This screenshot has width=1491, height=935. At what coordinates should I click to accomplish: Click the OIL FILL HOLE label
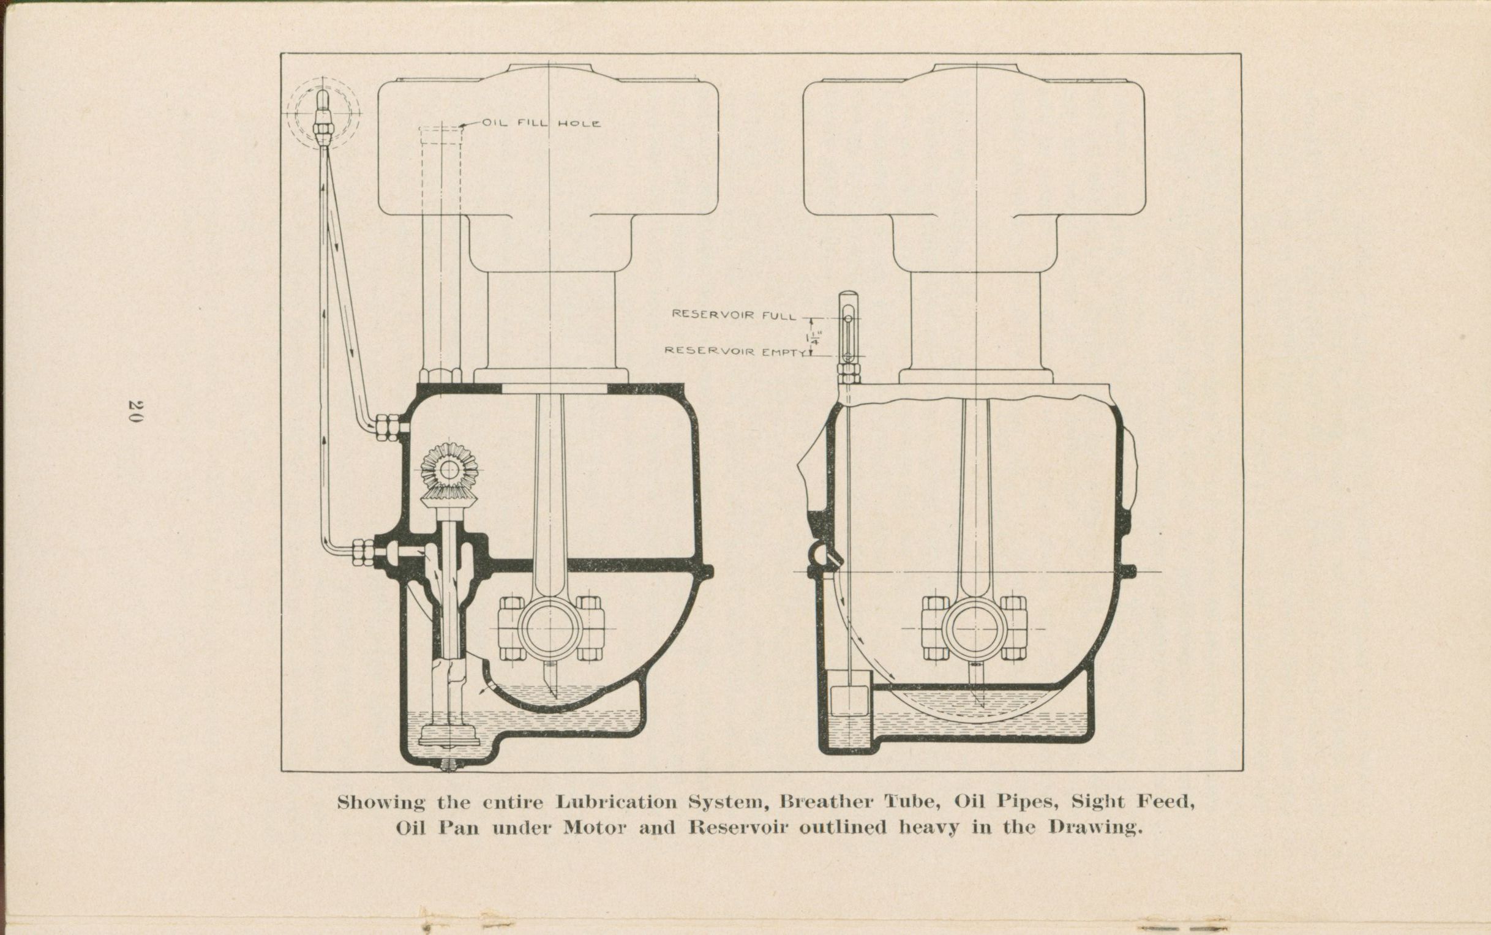(541, 123)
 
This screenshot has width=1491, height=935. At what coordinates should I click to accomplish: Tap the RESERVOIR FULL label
(734, 315)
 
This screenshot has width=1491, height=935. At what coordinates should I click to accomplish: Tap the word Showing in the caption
(380, 803)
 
